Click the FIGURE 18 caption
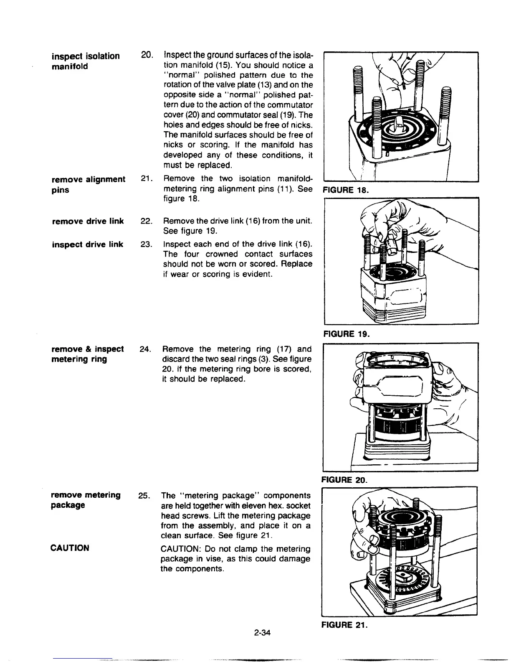click(x=345, y=190)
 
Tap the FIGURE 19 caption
click(x=345, y=334)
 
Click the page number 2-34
click(x=262, y=633)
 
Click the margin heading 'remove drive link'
click(x=88, y=221)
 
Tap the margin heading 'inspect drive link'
click(x=87, y=244)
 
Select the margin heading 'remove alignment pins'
click(x=88, y=184)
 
